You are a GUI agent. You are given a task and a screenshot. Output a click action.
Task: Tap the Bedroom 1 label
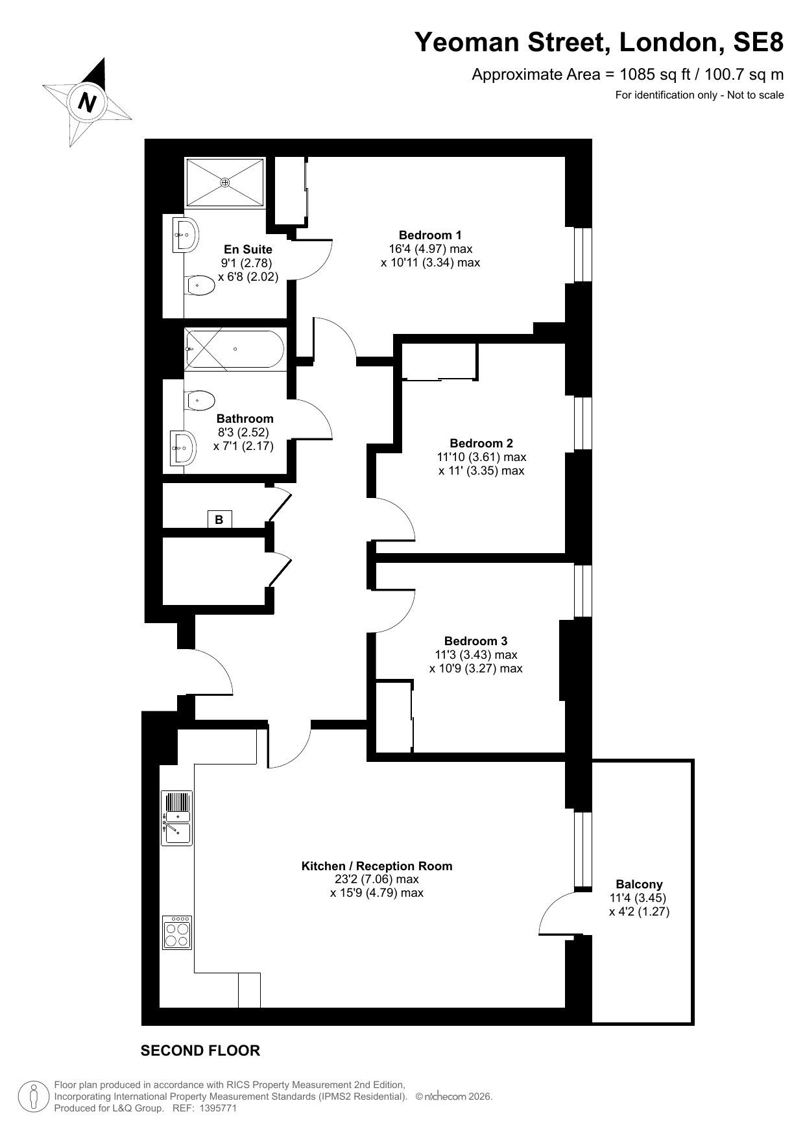(430, 235)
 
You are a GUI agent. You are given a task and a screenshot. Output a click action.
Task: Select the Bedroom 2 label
(481, 444)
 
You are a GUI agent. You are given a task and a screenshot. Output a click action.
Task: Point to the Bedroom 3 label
(476, 641)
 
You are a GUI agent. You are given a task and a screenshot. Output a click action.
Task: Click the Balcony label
(639, 884)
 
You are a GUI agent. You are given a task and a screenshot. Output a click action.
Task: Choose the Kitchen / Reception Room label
(377, 866)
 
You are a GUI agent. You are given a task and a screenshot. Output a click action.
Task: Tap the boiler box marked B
(219, 519)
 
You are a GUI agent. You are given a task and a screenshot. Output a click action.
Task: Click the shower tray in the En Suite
(225, 183)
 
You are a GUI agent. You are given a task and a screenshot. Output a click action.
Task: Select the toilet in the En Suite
(200, 285)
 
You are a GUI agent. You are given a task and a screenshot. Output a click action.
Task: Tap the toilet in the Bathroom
(200, 400)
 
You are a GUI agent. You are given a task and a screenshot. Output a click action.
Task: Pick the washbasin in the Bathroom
(184, 448)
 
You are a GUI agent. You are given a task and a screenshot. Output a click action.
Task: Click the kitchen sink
(176, 818)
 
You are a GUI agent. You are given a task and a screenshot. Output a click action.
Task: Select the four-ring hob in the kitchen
(176, 933)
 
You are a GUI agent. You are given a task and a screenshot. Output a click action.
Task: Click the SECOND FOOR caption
(200, 1051)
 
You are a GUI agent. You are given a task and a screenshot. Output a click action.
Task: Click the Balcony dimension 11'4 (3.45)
(638, 898)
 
